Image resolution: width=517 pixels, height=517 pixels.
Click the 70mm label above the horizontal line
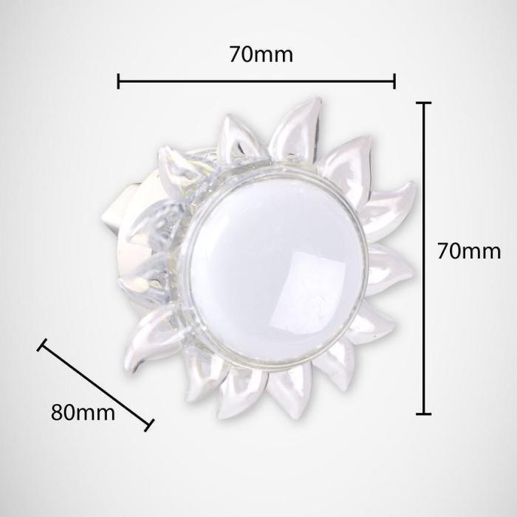[261, 55]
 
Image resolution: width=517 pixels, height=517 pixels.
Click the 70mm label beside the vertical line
[469, 251]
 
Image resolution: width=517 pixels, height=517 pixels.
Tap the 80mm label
[83, 412]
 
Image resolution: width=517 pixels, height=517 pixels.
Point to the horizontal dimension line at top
[256, 81]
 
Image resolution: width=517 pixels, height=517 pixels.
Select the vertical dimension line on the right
[424, 258]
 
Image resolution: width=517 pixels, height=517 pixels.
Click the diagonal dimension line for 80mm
[95, 385]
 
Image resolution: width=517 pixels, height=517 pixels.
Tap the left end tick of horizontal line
[118, 81]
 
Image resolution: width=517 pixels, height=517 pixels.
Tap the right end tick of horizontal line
[394, 81]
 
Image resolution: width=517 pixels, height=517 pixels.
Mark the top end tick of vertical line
[424, 103]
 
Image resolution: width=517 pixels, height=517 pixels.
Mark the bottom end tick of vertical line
[424, 413]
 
